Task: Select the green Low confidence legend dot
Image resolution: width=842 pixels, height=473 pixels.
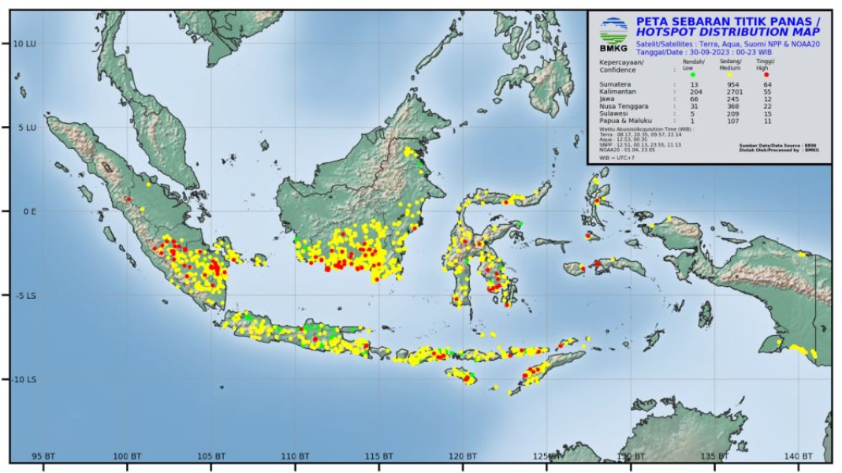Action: tap(692, 74)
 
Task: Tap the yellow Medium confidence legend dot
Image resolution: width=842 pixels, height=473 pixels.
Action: tap(729, 74)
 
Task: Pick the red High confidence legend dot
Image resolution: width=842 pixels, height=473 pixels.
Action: tap(766, 74)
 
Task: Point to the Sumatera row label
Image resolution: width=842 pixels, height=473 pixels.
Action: tap(616, 84)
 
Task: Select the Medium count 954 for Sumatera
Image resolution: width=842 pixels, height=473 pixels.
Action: tap(733, 84)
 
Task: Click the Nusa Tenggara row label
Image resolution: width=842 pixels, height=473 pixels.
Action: tap(624, 106)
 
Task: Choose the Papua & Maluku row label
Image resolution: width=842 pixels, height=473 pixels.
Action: tap(626, 121)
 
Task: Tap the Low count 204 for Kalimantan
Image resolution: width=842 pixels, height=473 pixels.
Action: tap(695, 91)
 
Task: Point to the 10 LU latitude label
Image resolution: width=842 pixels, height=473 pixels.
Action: tap(24, 43)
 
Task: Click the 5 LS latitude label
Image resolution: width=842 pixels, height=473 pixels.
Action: tap(25, 295)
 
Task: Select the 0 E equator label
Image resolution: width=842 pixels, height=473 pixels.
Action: tap(28, 211)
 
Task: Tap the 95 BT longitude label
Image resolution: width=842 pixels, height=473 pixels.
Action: tap(43, 456)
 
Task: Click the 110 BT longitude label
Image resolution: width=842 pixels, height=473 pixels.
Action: tap(295, 456)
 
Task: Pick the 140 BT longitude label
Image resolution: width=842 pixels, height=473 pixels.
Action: tap(799, 456)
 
